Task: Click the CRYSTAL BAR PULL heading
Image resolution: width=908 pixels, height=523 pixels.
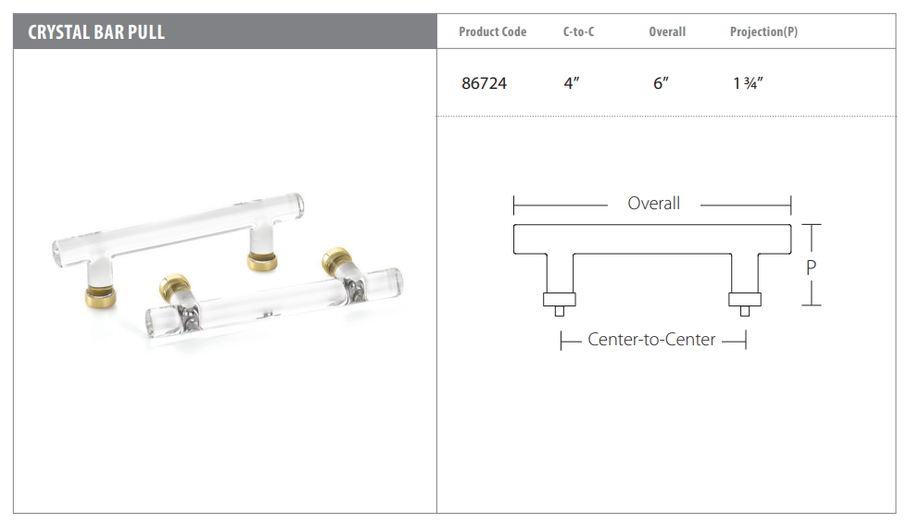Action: click(96, 32)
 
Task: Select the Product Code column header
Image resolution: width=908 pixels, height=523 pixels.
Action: click(492, 31)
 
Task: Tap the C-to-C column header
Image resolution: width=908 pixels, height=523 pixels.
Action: click(578, 31)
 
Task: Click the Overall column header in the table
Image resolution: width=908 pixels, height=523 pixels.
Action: click(667, 31)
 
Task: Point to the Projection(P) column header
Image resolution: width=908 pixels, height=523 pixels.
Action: click(763, 31)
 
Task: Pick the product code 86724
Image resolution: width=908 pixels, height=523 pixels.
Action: click(484, 83)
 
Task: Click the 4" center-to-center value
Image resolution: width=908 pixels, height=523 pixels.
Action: click(572, 83)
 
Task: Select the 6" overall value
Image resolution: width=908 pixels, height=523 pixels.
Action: click(661, 83)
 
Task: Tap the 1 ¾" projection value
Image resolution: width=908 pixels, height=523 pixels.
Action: click(749, 83)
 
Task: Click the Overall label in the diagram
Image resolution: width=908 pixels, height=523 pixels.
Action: click(654, 203)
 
